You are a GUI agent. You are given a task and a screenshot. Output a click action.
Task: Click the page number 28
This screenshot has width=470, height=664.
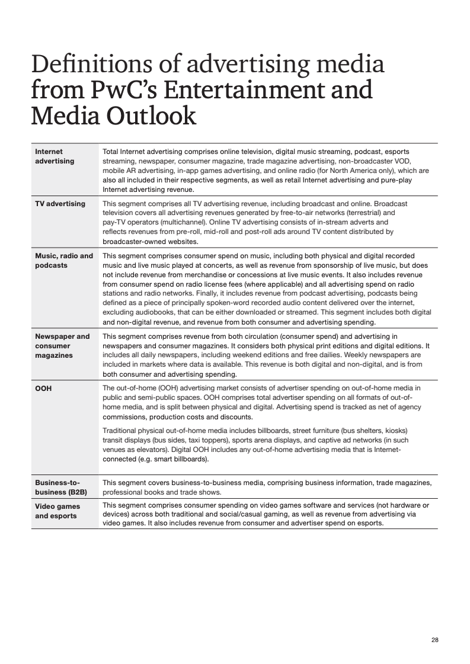point(435,640)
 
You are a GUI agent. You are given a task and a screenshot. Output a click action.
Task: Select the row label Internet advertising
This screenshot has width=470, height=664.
point(55,156)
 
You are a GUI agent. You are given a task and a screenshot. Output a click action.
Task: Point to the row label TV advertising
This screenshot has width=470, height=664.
point(60,204)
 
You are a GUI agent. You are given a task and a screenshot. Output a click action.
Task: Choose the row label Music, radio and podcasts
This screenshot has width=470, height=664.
point(64,261)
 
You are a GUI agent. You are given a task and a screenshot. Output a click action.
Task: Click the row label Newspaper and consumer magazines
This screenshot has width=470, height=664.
point(62,346)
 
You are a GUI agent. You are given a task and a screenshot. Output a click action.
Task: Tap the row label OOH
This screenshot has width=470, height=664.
point(43,389)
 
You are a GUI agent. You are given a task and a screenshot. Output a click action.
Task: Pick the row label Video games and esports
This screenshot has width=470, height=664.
point(57,511)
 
